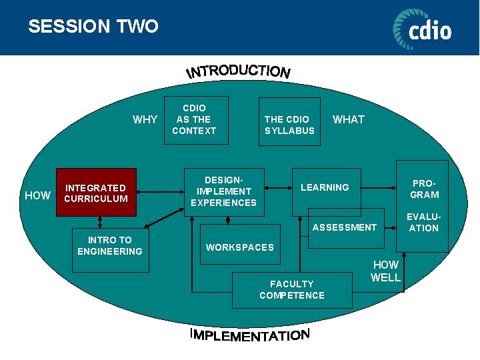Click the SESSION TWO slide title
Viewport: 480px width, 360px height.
point(93,27)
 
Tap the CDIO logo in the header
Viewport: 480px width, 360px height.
point(421,29)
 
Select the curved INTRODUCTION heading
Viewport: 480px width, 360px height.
point(238,71)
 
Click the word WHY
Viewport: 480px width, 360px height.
point(145,120)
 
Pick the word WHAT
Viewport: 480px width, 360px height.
point(349,119)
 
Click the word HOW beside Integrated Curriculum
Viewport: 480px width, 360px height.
point(37,195)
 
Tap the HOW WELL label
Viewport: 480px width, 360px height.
point(385,271)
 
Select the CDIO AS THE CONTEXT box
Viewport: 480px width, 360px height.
point(194,119)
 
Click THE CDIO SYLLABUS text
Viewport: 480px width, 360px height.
point(289,125)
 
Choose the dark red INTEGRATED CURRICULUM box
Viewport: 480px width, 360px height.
point(96,193)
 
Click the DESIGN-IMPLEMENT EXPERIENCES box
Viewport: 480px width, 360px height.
point(223,192)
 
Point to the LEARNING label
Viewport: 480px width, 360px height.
point(325,187)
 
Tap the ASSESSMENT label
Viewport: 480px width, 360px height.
point(345,227)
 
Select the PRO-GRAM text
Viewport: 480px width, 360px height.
point(425,189)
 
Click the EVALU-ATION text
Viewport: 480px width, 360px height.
point(424,222)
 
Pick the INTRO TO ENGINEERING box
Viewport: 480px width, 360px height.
point(110,245)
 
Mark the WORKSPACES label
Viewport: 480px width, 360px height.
point(240,247)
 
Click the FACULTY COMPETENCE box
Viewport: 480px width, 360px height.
point(292,290)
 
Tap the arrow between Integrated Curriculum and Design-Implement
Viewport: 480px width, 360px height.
point(160,193)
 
